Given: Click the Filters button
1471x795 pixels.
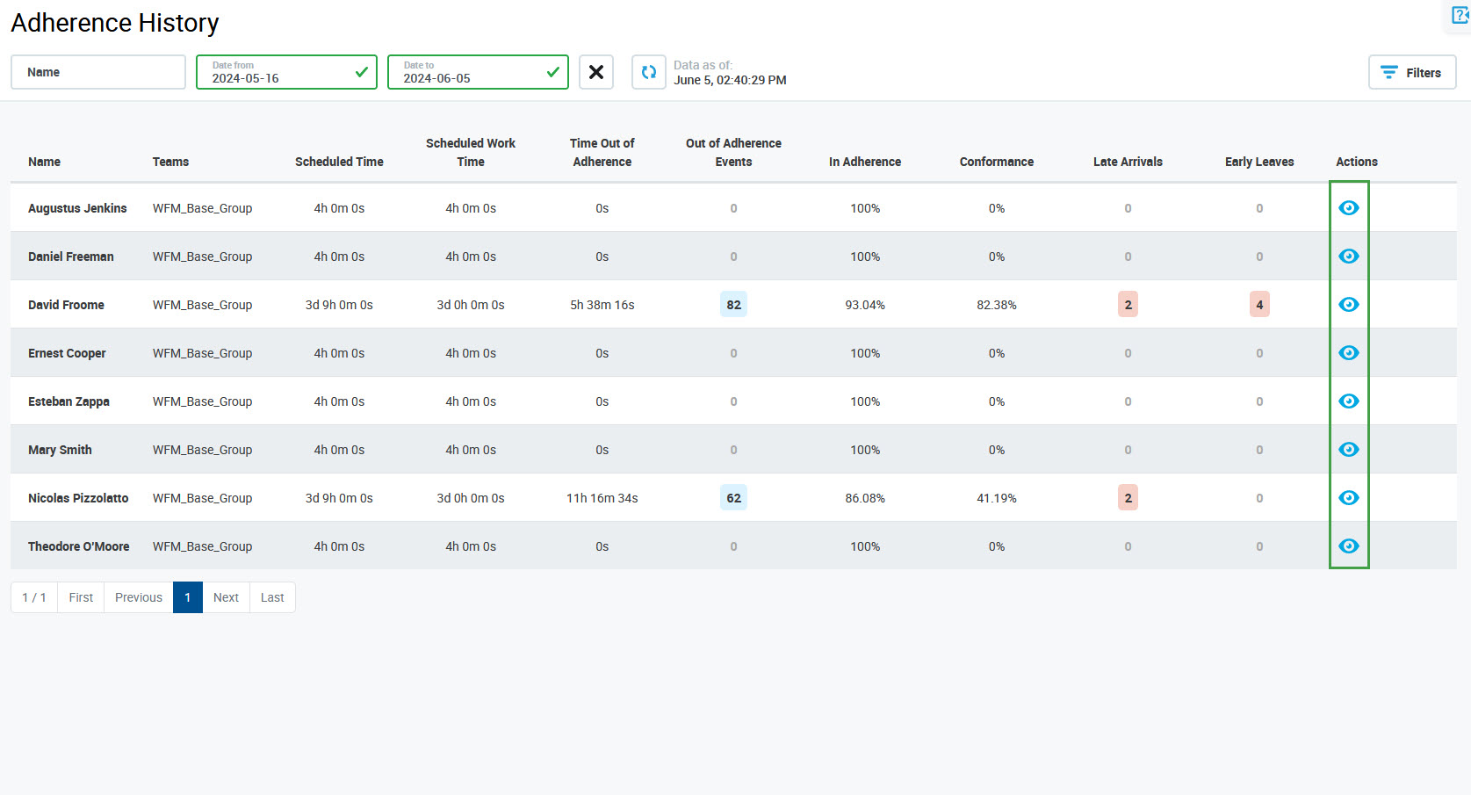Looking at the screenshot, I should [1411, 72].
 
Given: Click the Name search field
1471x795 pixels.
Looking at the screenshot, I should [98, 72].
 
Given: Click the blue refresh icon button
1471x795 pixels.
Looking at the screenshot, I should [648, 72].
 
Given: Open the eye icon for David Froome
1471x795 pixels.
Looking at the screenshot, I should [1348, 305].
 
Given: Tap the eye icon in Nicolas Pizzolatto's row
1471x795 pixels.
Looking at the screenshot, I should [1348, 498].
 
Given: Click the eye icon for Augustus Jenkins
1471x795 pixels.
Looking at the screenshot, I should [1348, 208].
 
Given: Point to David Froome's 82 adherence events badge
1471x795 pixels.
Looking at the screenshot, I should [733, 305].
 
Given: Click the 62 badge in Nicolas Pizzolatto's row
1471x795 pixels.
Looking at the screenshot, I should [733, 498].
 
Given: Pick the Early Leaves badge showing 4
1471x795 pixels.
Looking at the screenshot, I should [1259, 305].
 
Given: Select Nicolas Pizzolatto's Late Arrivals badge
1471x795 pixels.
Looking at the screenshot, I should [1128, 498].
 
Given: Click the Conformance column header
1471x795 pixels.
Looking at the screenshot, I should [996, 162].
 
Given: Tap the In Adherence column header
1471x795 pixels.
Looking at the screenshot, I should [864, 162].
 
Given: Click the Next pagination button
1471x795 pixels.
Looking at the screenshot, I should [226, 597].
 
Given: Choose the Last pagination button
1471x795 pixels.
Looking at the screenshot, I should [272, 597].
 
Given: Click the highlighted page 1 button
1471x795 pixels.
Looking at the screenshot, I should [188, 597].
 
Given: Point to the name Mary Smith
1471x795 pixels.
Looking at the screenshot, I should [60, 450].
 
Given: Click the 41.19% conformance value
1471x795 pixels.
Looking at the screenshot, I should [996, 498].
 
